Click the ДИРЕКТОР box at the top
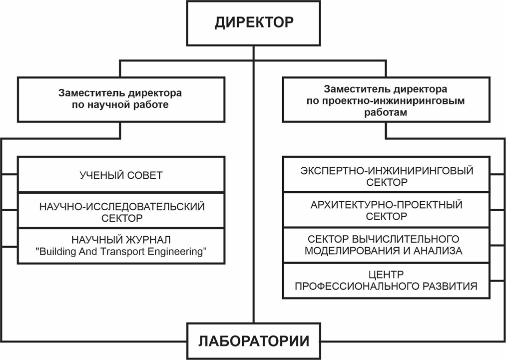coord(254,23)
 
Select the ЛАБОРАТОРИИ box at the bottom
coord(254,342)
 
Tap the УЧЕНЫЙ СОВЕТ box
coord(121,175)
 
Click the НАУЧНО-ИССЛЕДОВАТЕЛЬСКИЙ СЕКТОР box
coord(121,211)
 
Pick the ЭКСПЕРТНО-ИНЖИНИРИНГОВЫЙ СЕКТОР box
coord(387,176)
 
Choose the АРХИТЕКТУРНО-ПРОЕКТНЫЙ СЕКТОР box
coord(387,210)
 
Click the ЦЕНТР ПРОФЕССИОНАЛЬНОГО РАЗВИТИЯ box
coord(387,281)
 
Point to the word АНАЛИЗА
coord(438,251)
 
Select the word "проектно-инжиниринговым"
coord(400,101)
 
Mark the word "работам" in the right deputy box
coord(386,112)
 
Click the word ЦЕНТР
coord(386,274)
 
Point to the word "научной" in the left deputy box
coord(107,105)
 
